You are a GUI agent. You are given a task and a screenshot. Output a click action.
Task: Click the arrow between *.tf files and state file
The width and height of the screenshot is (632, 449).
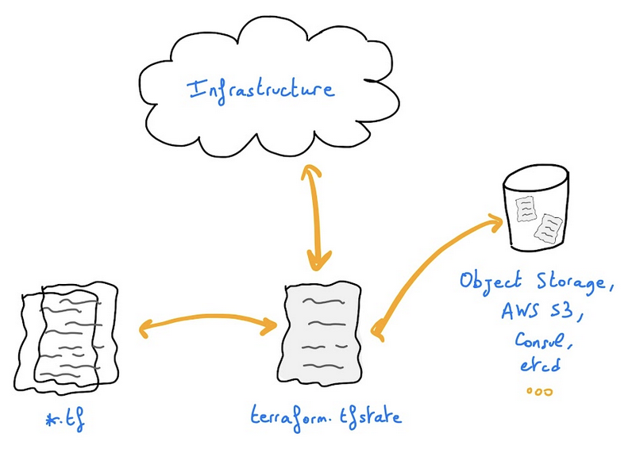tap(208, 323)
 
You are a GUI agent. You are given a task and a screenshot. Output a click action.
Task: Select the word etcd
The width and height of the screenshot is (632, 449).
tap(542, 366)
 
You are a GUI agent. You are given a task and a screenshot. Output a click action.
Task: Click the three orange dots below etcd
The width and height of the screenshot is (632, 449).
tap(539, 391)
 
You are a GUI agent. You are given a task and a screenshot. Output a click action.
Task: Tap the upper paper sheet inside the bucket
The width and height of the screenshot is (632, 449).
tap(526, 209)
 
